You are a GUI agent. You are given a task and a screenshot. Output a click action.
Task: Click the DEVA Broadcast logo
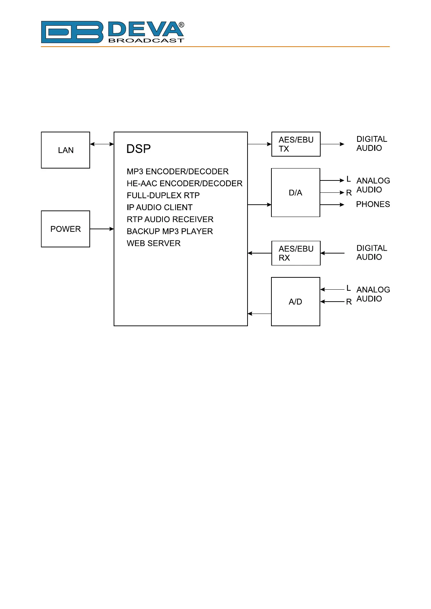(113, 32)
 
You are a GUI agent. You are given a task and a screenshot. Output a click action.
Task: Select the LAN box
(66, 150)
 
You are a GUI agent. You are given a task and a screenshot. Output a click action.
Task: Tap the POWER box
(66, 229)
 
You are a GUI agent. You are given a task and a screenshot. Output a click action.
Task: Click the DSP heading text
(139, 149)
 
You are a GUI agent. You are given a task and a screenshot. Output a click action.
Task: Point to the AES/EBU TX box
(296, 144)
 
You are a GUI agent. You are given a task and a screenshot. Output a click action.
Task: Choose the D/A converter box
(295, 192)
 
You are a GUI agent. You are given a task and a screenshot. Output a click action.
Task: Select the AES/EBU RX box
(296, 253)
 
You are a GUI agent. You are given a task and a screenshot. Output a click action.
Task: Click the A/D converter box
(295, 302)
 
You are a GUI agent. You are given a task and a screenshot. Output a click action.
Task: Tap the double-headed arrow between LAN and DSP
(102, 144)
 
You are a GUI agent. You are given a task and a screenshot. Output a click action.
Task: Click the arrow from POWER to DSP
(102, 229)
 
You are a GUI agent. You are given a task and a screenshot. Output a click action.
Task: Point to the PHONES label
(373, 204)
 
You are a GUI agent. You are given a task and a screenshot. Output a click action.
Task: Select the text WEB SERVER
(153, 243)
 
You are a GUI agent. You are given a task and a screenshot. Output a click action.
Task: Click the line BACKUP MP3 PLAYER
(170, 231)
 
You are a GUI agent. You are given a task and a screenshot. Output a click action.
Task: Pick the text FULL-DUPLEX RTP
(163, 196)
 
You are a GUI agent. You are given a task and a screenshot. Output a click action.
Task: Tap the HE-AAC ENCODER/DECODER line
(185, 184)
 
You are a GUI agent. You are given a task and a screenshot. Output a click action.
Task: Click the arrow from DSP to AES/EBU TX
(259, 144)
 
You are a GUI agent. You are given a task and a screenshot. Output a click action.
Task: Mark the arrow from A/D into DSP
(259, 314)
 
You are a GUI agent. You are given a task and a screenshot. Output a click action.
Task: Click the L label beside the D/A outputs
(348, 179)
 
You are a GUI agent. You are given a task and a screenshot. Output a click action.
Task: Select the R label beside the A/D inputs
(349, 302)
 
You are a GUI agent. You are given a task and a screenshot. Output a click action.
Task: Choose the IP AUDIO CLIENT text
(160, 208)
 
